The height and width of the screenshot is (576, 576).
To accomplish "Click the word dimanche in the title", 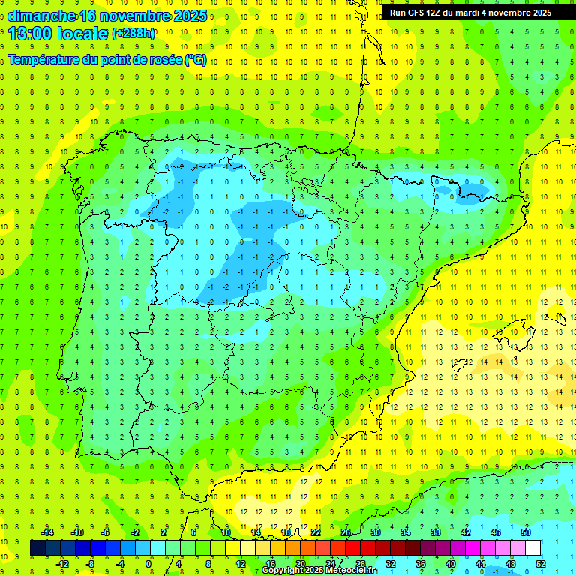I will (x=42, y=16).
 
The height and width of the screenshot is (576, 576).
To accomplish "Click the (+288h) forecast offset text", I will (x=134, y=34).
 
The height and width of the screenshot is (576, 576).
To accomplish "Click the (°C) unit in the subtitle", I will (x=195, y=59).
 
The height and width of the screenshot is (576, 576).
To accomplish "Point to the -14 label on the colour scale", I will (x=46, y=532).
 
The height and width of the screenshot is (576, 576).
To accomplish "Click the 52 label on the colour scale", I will (x=541, y=563).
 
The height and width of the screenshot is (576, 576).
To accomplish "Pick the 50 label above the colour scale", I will (x=526, y=532).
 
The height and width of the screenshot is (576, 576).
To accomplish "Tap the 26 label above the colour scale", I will (x=346, y=532).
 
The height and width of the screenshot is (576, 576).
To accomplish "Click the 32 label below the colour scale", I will (x=391, y=563).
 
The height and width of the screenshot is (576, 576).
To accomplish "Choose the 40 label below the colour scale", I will (x=451, y=563).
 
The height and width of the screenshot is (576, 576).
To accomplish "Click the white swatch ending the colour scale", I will (x=533, y=548).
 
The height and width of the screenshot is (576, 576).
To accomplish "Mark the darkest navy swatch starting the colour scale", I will (x=38, y=548).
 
